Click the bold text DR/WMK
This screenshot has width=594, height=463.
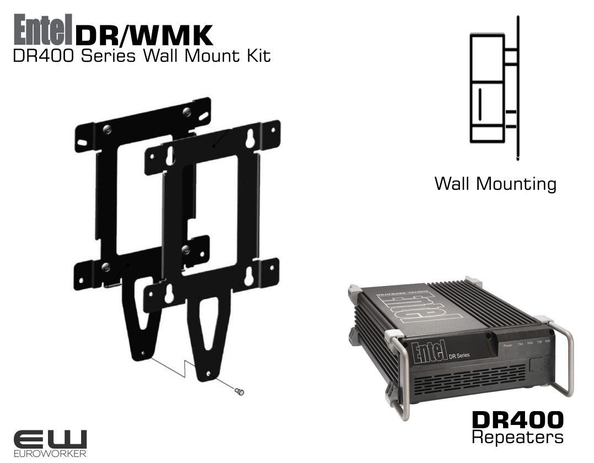click(144, 36)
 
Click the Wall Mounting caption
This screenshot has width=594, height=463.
click(495, 183)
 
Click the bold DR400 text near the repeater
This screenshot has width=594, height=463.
click(518, 420)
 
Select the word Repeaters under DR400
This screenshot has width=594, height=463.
click(518, 438)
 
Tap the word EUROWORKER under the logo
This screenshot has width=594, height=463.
click(50, 454)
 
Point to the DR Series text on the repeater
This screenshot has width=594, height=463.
click(458, 355)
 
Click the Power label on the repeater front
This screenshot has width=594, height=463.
click(508, 345)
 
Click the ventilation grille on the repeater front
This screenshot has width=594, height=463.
click(474, 381)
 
